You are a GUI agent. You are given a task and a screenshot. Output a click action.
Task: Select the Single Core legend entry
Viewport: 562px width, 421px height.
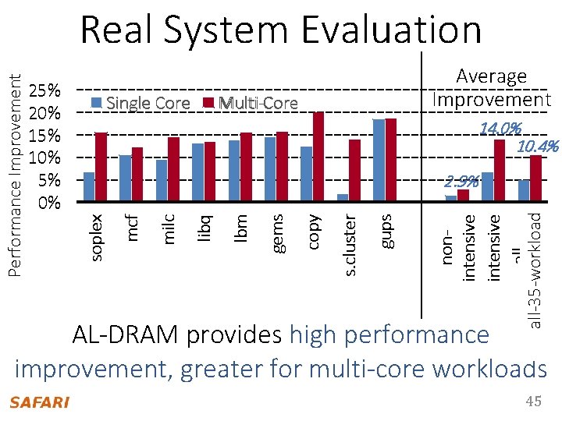141,103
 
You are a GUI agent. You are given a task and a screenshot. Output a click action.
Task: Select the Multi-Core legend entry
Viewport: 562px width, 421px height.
251,103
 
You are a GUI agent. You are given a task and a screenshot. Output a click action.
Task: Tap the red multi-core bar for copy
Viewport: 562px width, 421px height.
318,156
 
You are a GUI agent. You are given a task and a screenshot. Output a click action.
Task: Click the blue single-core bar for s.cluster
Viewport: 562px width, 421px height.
342,197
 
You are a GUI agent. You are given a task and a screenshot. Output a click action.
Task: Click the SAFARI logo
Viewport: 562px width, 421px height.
39,402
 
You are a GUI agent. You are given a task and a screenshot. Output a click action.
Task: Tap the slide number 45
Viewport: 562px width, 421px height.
533,401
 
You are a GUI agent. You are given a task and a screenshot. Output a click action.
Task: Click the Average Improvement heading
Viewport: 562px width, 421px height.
492,88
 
